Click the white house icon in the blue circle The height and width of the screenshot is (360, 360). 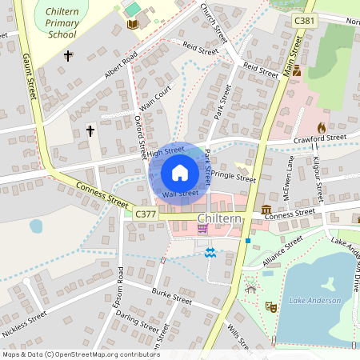[180, 173]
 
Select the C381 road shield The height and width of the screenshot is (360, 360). [303, 20]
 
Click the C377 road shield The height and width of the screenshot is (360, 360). [146, 214]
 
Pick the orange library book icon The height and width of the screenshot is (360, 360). [132, 25]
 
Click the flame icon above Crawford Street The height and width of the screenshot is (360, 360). [322, 127]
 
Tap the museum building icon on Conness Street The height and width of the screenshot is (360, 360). [266, 210]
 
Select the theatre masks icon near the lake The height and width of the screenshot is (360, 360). [271, 306]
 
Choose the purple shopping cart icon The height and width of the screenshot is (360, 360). [202, 229]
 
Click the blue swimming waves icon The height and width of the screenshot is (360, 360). [210, 253]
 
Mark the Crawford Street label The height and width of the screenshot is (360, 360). [319, 139]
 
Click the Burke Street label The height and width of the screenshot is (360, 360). [172, 295]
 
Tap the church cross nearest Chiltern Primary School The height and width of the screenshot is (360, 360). [68, 56]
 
